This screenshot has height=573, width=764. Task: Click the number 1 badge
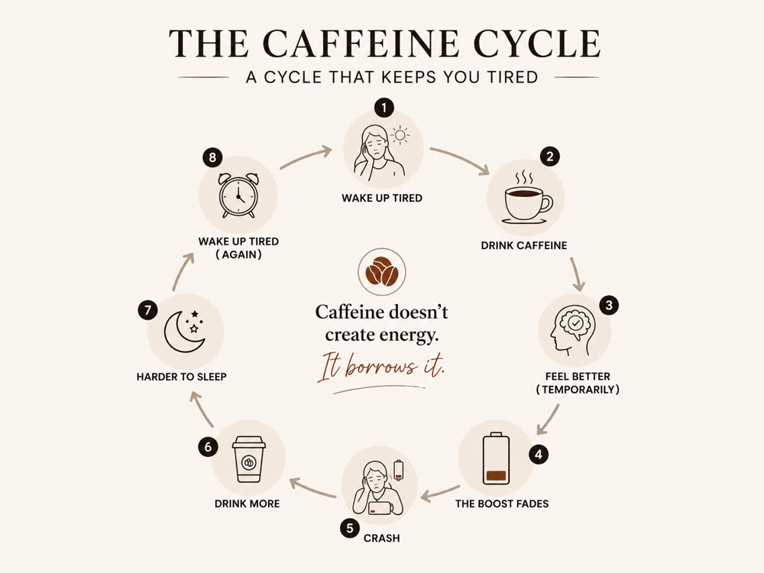pyautogui.click(x=384, y=108)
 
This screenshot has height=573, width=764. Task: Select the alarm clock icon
pyautogui.click(x=238, y=196)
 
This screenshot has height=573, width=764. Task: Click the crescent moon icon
pyautogui.click(x=185, y=332)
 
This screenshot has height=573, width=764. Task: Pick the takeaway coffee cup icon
pyautogui.click(x=248, y=459)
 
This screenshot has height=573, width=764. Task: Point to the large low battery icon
pyautogui.click(x=496, y=458)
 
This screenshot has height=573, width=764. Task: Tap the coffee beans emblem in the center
pyautogui.click(x=382, y=272)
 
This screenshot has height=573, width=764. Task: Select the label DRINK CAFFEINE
pyautogui.click(x=524, y=245)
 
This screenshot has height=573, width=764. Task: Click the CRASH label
pyautogui.click(x=381, y=539)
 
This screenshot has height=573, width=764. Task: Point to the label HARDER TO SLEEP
pyautogui.click(x=181, y=377)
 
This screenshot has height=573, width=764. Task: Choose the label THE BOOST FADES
pyautogui.click(x=502, y=503)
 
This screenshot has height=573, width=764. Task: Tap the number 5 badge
pyautogui.click(x=350, y=529)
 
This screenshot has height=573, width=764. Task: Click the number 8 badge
pyautogui.click(x=212, y=157)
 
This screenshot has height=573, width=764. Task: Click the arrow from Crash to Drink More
pyautogui.click(x=312, y=488)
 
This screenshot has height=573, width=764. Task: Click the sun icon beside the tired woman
pyautogui.click(x=400, y=135)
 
